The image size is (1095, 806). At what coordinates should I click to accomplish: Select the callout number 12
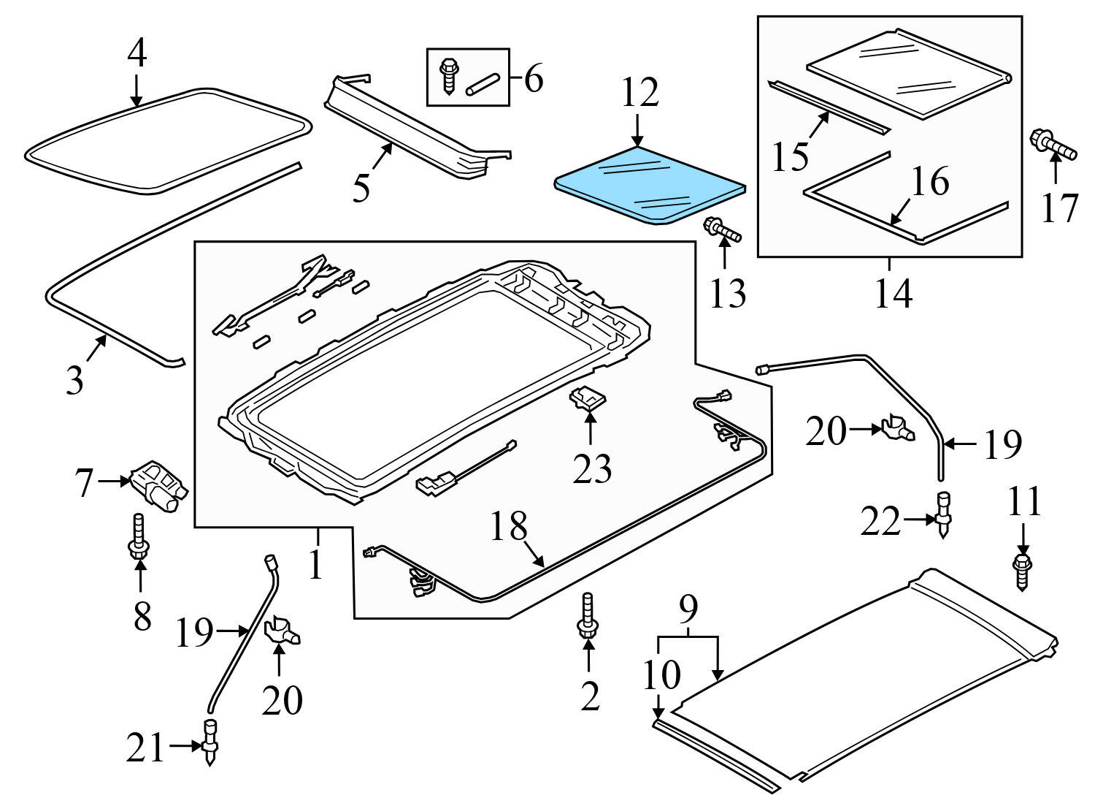[640, 94]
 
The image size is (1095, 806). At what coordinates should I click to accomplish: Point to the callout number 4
[137, 53]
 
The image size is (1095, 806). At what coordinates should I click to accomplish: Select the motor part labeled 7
[159, 485]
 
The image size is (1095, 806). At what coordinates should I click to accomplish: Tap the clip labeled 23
[588, 400]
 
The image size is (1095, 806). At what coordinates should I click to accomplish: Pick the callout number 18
[508, 526]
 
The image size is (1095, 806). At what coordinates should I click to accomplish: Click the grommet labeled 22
[943, 514]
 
